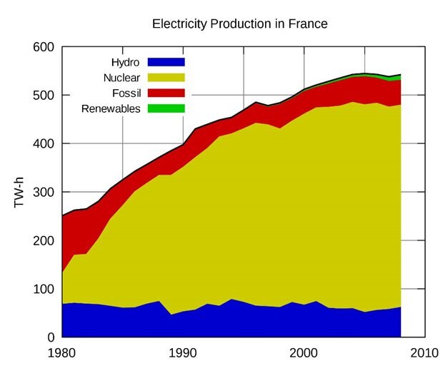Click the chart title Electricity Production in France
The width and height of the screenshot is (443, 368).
[x=239, y=24]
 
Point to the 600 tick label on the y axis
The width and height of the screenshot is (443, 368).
[x=44, y=47]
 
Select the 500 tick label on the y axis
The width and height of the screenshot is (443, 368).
[x=44, y=96]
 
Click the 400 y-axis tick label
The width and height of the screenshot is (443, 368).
[x=44, y=144]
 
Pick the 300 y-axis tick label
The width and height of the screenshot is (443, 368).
[x=44, y=193]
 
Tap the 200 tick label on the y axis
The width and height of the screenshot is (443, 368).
[x=44, y=241]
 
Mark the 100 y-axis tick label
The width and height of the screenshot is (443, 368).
[x=44, y=290]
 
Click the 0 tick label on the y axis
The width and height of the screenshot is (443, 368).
[x=51, y=337]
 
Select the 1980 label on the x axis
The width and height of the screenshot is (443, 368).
[x=63, y=353]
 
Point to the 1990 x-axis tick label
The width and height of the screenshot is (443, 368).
[x=184, y=353]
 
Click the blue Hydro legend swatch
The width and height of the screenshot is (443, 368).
[x=166, y=61]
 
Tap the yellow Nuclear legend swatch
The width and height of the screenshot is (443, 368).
[x=166, y=77]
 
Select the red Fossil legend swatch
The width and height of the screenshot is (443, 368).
[x=166, y=93]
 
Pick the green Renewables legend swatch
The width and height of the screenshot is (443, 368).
[x=166, y=108]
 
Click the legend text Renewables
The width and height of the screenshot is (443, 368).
[x=111, y=108]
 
